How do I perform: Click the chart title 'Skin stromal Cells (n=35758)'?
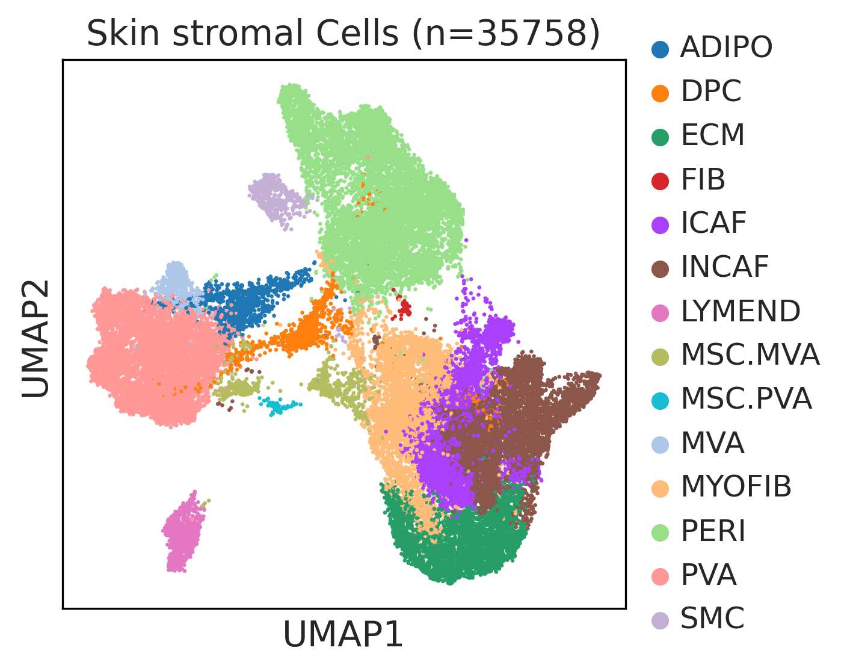(x=343, y=34)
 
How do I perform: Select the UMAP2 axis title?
(x=35, y=339)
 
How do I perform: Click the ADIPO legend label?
(x=726, y=48)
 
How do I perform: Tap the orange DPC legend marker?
(x=660, y=93)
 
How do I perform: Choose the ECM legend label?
(x=713, y=135)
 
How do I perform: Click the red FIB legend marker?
(x=660, y=181)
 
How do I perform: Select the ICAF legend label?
(x=713, y=223)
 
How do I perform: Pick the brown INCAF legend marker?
(x=660, y=270)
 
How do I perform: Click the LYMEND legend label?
(x=741, y=311)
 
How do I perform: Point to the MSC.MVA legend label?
(x=750, y=355)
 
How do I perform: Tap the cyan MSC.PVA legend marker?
(x=660, y=401)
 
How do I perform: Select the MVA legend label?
(x=713, y=444)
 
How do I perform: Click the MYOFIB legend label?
(x=736, y=487)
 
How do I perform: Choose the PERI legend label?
(x=713, y=531)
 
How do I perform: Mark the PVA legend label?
(x=709, y=575)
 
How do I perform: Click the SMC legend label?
(x=713, y=619)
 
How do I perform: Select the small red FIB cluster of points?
(x=403, y=306)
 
